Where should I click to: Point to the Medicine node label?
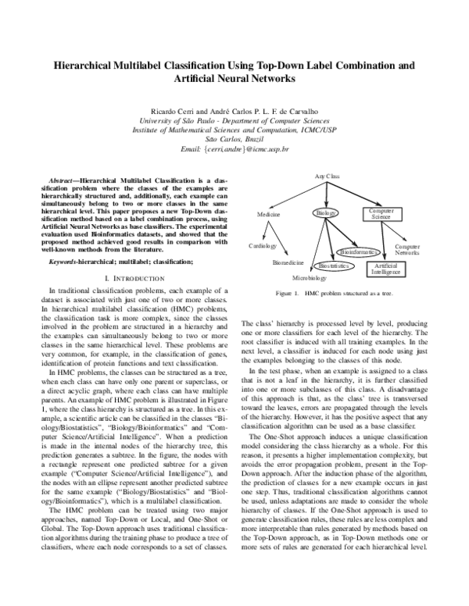[x=268, y=214]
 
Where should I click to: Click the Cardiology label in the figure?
[x=263, y=245]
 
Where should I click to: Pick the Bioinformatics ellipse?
[x=359, y=252]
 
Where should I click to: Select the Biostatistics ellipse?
[x=334, y=266]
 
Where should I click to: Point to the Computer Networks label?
[x=406, y=250]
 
